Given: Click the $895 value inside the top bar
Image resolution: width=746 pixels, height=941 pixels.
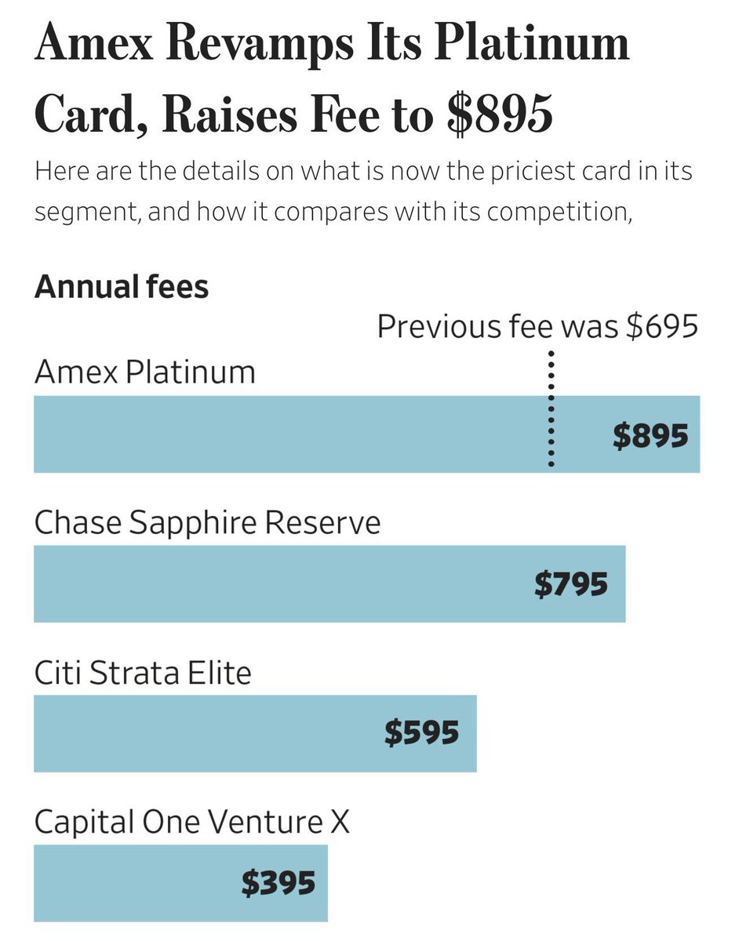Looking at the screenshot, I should (650, 435).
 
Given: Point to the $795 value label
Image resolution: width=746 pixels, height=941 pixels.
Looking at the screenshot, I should (571, 584).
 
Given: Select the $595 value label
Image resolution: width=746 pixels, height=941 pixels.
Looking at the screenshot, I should (421, 733).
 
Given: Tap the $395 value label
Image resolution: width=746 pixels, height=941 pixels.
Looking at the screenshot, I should (278, 883).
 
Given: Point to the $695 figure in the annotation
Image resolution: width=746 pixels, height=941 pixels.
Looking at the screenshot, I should (662, 325).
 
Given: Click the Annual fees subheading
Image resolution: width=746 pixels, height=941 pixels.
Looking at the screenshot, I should (122, 287).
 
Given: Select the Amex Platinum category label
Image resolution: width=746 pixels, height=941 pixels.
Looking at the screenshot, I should (145, 371).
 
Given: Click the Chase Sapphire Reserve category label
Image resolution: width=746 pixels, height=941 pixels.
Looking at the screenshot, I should (207, 522).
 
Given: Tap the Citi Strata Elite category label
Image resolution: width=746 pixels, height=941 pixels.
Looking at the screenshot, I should (143, 672).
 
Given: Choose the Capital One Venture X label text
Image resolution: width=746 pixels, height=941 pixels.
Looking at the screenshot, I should (192, 822).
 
